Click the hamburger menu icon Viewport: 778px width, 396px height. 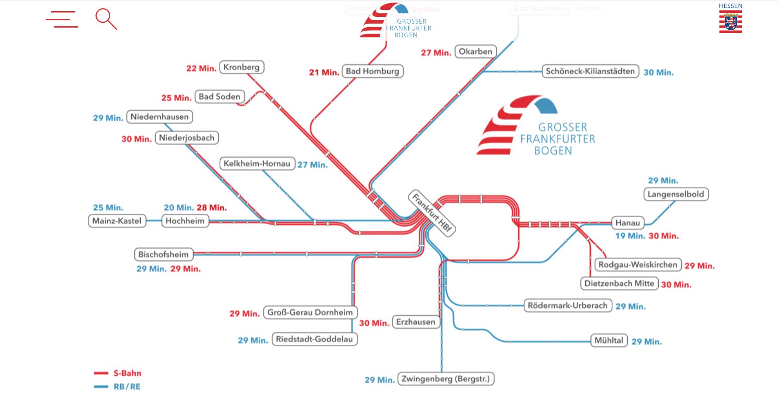point(62,19)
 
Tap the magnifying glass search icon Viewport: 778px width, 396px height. point(105,19)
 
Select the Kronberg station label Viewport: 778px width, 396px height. point(241,67)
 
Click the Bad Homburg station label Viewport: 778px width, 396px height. point(372,71)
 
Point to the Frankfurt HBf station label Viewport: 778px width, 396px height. point(432,212)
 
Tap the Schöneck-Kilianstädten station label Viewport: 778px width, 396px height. point(590,71)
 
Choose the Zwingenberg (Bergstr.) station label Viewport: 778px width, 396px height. point(445,379)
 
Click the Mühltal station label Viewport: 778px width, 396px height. point(608,340)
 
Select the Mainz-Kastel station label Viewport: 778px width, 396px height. point(117,221)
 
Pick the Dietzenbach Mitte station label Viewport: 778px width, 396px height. point(619,284)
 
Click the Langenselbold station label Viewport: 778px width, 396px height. point(676,194)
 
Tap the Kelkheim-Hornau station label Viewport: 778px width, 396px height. point(257,164)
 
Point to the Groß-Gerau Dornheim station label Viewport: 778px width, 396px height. point(310,312)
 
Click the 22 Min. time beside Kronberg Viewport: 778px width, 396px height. point(201,69)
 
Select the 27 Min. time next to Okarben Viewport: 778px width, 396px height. point(436,53)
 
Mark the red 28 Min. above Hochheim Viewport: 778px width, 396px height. point(212,208)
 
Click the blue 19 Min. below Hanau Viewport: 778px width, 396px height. point(630,236)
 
